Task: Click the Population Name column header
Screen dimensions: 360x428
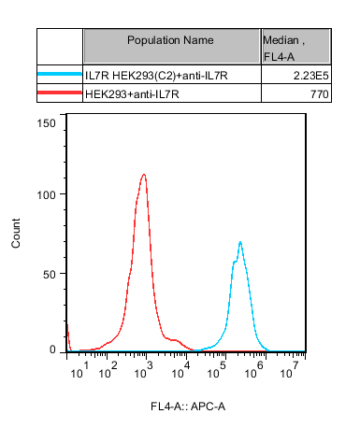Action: (170, 40)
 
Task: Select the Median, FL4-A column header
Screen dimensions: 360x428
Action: (283, 49)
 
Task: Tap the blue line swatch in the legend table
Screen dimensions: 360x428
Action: (60, 74)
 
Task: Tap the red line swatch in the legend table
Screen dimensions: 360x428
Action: (60, 93)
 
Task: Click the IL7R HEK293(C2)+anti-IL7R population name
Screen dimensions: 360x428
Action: (156, 76)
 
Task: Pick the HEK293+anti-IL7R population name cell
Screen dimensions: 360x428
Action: (132, 93)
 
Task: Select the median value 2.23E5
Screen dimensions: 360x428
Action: (310, 76)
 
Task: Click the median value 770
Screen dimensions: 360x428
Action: (320, 94)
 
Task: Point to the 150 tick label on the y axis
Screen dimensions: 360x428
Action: (47, 123)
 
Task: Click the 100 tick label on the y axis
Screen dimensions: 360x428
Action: (47, 195)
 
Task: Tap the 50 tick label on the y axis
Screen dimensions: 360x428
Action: (50, 275)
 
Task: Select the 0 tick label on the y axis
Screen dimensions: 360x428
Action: (52, 350)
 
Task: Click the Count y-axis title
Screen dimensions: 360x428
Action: (16, 234)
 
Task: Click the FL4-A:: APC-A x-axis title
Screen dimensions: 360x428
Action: (188, 407)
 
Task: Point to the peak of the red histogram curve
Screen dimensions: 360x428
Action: (144, 175)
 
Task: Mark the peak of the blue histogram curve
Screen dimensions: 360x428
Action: (240, 242)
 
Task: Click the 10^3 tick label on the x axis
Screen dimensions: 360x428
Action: (144, 370)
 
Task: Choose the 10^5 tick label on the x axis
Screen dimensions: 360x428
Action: (217, 370)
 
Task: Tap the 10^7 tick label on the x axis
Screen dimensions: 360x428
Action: (290, 370)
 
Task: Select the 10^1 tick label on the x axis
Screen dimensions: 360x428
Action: (79, 370)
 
